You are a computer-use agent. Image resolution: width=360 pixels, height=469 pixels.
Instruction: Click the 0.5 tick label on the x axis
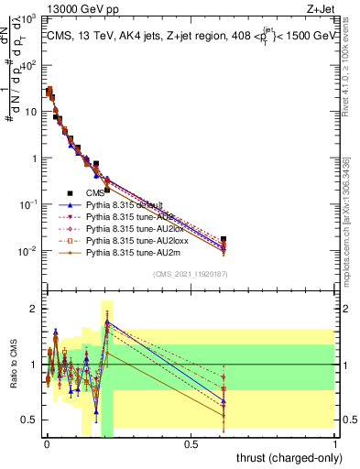(191, 446)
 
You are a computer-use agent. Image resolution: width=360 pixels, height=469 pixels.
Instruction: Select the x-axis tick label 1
(336, 446)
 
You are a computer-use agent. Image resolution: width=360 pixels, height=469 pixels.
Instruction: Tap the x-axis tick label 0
(46, 446)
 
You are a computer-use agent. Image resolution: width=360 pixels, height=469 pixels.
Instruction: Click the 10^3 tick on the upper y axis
(28, 18)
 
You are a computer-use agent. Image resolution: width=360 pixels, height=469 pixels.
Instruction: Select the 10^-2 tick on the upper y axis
(28, 251)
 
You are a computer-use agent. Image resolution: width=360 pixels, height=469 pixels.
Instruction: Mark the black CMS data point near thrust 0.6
(224, 239)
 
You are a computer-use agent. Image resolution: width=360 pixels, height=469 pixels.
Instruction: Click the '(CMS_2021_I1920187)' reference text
(191, 274)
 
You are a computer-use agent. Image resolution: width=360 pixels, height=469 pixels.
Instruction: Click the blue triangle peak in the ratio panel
(107, 322)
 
